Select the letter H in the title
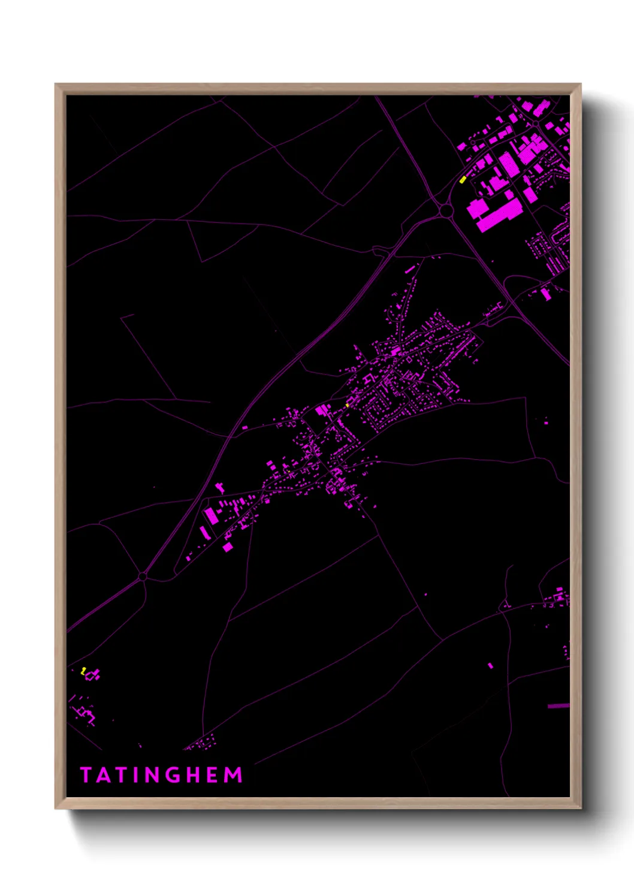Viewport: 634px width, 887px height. point(191,775)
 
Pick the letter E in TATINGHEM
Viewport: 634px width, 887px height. point(212,775)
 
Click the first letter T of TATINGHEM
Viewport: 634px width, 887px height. point(85,775)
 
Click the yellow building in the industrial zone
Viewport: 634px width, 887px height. point(463,179)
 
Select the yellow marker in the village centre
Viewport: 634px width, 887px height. point(347,406)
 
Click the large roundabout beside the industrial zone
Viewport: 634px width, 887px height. point(445,210)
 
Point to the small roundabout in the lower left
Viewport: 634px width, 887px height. point(143,577)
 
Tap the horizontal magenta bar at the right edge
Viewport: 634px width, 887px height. point(558,706)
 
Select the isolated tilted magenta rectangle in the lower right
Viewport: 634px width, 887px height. point(490,666)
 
